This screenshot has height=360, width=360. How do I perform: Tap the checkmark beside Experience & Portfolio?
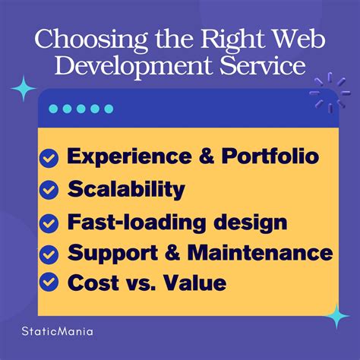click(x=49, y=158)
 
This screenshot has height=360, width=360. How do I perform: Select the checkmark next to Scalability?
click(x=49, y=190)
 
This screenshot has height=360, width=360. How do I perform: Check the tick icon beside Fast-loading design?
click(x=49, y=223)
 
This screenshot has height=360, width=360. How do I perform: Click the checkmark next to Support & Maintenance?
click(x=49, y=254)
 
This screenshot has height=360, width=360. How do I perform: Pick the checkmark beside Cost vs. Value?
click(x=49, y=283)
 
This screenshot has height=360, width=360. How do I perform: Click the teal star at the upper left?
click(x=24, y=90)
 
